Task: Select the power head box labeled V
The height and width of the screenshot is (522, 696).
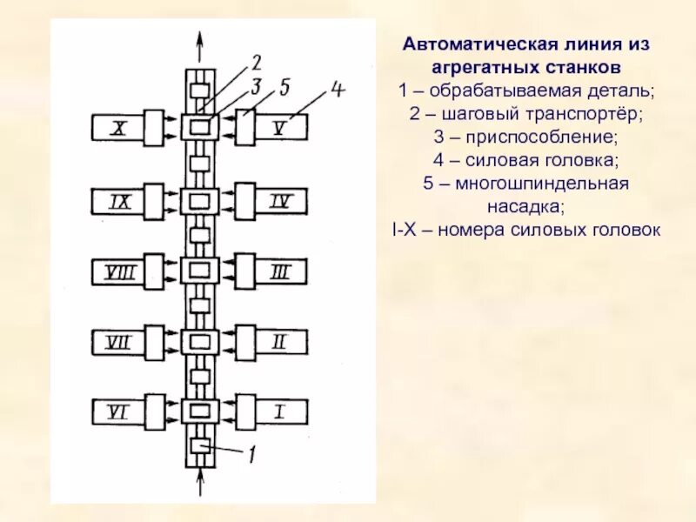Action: pyautogui.click(x=280, y=128)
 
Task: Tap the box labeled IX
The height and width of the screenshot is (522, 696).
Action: pyautogui.click(x=118, y=202)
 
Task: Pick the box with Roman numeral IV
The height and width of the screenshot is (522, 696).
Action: pyautogui.click(x=280, y=202)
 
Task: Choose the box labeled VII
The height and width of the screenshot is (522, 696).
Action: pyautogui.click(x=118, y=342)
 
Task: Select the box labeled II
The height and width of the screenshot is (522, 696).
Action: pyautogui.click(x=280, y=342)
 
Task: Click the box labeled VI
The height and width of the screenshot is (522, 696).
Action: pyautogui.click(x=118, y=412)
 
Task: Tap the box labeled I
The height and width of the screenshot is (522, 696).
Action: pyautogui.click(x=280, y=412)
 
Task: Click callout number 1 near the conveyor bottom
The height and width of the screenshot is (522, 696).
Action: pyautogui.click(x=251, y=452)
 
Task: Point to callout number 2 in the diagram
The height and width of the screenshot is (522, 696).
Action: pyautogui.click(x=257, y=62)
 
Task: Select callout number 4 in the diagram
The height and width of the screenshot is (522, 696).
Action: pyautogui.click(x=339, y=90)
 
